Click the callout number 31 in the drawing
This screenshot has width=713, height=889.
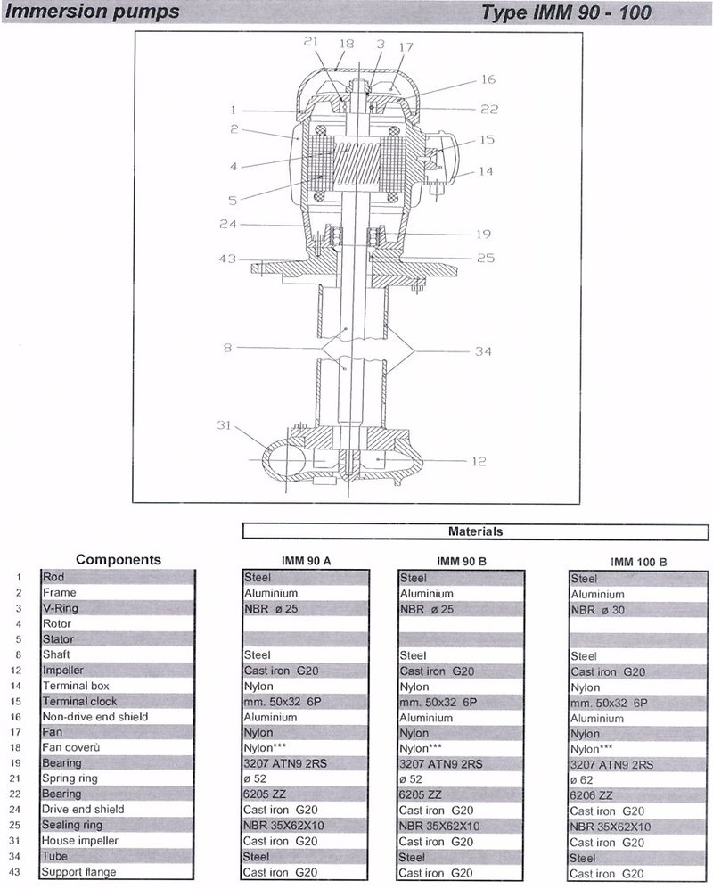[224, 424]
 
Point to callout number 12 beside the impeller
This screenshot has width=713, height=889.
[479, 462]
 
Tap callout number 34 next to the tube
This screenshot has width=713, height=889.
[483, 351]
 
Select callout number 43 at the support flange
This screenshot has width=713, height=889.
[227, 259]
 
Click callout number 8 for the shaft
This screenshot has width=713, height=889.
[227, 347]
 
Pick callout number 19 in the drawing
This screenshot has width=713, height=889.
[483, 234]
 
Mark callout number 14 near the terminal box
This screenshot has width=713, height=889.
[486, 171]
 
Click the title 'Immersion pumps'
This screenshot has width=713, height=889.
[92, 12]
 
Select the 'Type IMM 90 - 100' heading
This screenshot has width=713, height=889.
[566, 12]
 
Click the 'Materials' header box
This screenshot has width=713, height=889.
[476, 531]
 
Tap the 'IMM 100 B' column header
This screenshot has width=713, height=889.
[639, 563]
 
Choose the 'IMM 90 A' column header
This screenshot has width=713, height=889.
[306, 561]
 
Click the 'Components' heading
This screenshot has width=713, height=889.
[119, 560]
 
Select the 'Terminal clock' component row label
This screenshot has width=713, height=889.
[80, 702]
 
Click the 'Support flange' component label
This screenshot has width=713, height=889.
[78, 872]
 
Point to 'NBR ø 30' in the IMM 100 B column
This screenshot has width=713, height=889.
[597, 610]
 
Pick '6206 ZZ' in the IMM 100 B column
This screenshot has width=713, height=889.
[591, 795]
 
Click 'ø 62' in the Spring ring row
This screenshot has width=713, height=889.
[582, 780]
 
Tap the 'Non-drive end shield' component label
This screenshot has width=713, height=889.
[95, 717]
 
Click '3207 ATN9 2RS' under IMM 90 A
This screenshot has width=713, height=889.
[285, 763]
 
